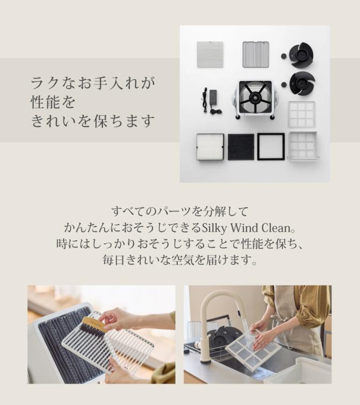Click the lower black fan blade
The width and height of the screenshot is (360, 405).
[x=302, y=83]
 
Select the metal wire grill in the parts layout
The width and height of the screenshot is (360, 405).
[x=255, y=54]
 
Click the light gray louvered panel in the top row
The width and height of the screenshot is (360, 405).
[x=210, y=54]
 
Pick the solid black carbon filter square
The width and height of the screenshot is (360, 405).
[x=241, y=146]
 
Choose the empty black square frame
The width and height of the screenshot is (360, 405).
[x=271, y=146]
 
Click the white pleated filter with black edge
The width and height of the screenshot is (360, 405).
[x=210, y=146]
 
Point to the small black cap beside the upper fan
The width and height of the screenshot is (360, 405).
[x=283, y=55]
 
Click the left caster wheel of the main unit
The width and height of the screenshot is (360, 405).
[x=237, y=117]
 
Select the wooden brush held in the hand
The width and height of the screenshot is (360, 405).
[x=93, y=326]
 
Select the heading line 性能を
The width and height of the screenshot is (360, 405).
[x=53, y=101]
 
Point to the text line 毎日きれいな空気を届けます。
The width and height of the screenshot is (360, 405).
[x=179, y=260]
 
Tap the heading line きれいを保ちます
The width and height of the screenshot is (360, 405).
[x=93, y=121]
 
